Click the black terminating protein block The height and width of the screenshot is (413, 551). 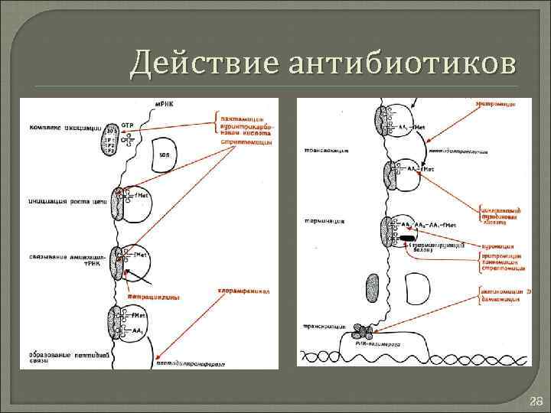(x=405, y=239)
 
